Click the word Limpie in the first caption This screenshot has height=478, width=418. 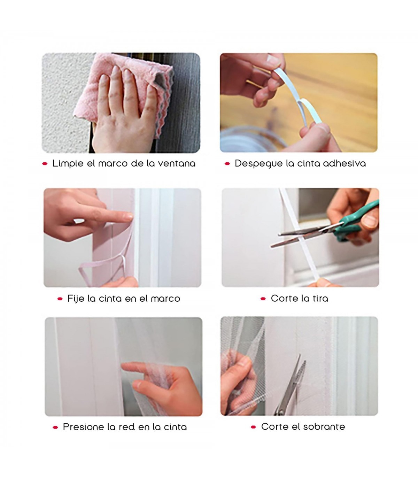coord(68,164)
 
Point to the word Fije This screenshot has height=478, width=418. coord(76,299)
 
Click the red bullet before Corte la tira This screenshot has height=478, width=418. coord(263,299)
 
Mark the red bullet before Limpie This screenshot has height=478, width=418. coord(45,164)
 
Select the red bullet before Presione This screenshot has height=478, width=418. coord(55,427)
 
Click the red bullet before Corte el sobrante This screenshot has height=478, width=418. coord(253,427)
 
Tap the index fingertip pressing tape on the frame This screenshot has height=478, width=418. coord(129,217)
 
